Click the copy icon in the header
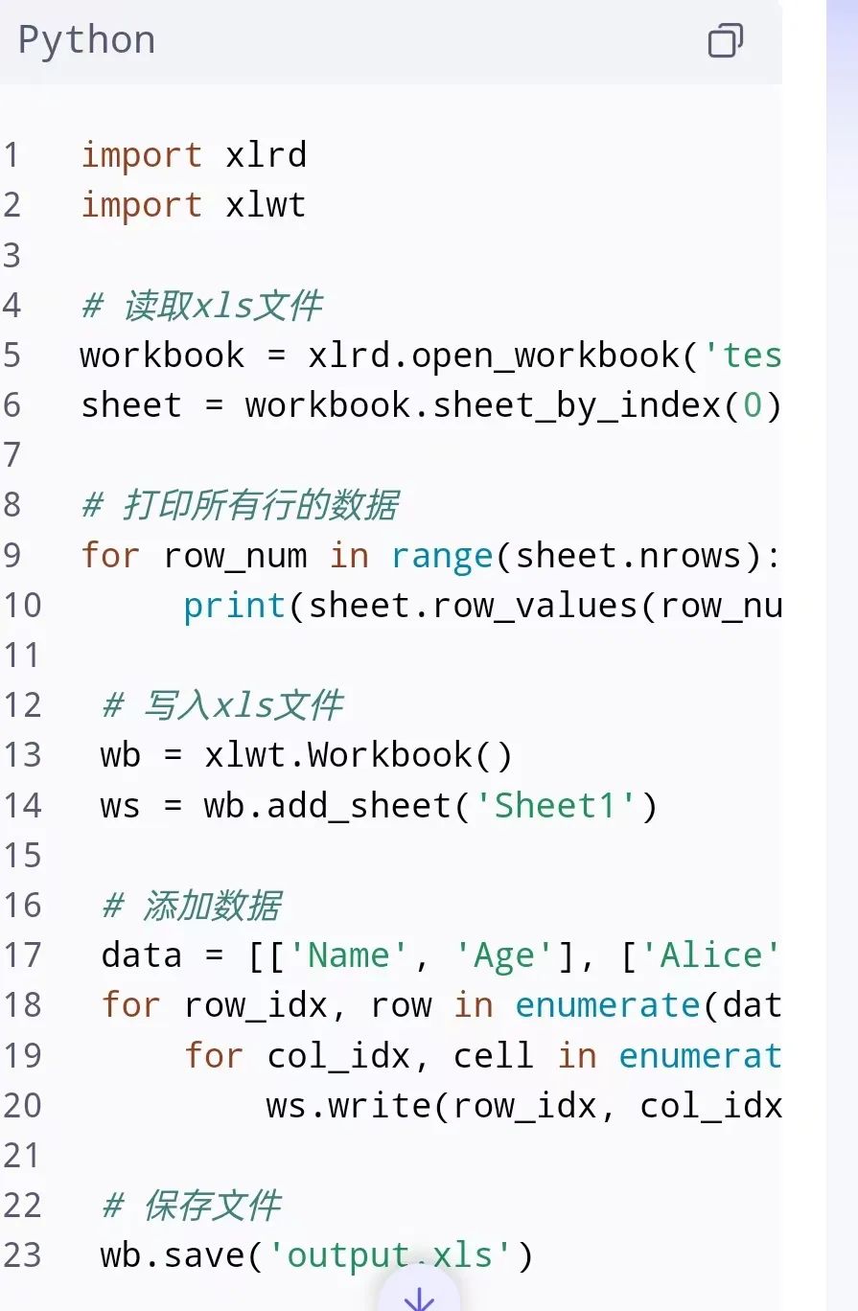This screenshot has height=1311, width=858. pos(725,41)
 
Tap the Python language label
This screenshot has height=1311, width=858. pos(86,40)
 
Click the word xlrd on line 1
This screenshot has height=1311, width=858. pos(266,155)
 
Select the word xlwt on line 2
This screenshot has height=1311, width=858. pos(266,205)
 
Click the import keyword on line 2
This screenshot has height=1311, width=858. pos(141,205)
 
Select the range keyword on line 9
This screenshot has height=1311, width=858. pos(441,556)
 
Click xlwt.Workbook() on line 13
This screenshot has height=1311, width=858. pos(359,755)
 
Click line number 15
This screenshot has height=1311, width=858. pos(21,855)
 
